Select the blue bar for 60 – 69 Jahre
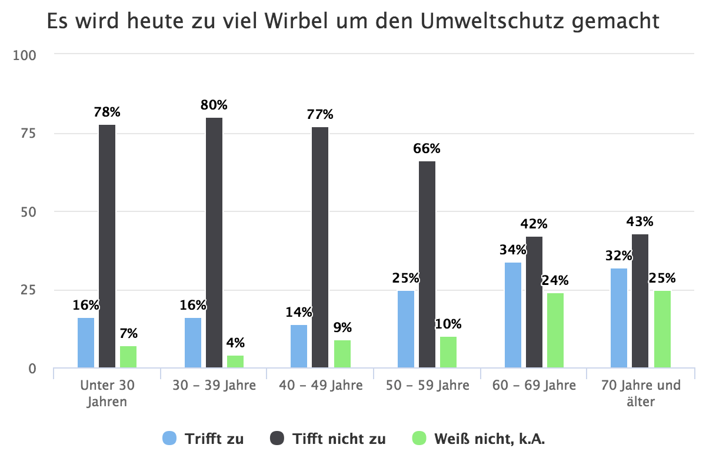coord(513,315)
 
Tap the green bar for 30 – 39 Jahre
coord(235,361)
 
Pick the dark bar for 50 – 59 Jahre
coord(427,264)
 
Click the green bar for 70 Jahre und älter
coord(662,329)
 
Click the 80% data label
coord(214,105)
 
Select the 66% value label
coord(427,149)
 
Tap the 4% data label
coord(235,343)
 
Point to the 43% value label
coord(640,222)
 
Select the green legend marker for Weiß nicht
coord(419,438)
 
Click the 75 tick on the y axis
coord(28,134)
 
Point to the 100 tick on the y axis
coord(25,55)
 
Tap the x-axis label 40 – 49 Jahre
coord(321,386)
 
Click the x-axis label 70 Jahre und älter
coord(641,393)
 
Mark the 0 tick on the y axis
coord(32,369)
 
